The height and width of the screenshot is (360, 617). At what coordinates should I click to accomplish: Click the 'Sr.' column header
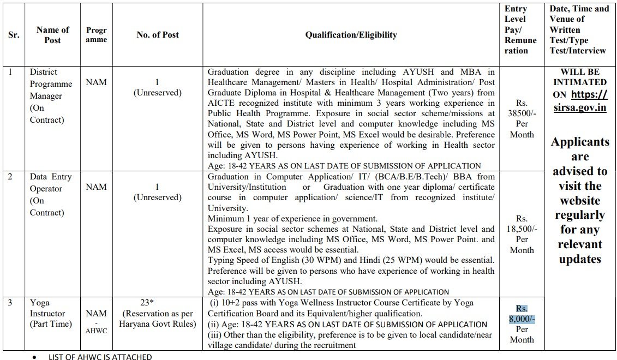[x=14, y=35]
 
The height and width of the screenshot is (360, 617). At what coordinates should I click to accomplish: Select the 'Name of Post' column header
[x=52, y=35]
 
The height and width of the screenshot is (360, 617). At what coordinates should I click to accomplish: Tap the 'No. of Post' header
[x=158, y=35]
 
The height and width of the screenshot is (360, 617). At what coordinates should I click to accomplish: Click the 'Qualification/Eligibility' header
[x=351, y=35]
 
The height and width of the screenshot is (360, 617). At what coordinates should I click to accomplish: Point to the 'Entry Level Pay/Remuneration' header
[x=520, y=30]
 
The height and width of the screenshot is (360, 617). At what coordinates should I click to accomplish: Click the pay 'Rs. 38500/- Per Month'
[x=522, y=118]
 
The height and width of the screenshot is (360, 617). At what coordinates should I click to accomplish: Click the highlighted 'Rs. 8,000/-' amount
[x=522, y=314]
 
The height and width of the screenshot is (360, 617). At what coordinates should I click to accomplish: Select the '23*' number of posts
[x=158, y=302]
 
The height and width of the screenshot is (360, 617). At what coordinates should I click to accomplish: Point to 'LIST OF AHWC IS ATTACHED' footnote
[x=100, y=357]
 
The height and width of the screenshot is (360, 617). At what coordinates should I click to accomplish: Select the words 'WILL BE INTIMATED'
[x=579, y=77]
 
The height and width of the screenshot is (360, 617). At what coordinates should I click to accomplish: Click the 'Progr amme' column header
[x=96, y=35]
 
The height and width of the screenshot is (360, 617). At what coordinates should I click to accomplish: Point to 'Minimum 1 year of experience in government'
[x=292, y=219]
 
